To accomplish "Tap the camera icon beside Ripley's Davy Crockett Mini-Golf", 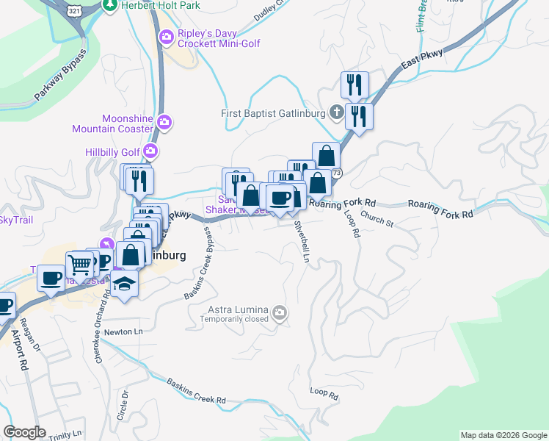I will pos(167,36).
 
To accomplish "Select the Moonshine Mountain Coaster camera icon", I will pos(164,121).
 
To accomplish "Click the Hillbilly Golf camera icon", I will pos(150,151).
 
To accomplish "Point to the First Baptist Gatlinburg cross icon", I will pos(336,112).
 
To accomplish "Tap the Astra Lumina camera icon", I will pos(280,313).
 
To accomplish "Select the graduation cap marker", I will pos(126,284).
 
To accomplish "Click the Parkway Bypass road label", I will pos(60,74).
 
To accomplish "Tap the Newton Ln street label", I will pos(123,331).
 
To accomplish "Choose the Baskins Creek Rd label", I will pos(196,391).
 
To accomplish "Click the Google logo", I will pos(26,432).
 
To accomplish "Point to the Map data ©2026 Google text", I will pos(503,435).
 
